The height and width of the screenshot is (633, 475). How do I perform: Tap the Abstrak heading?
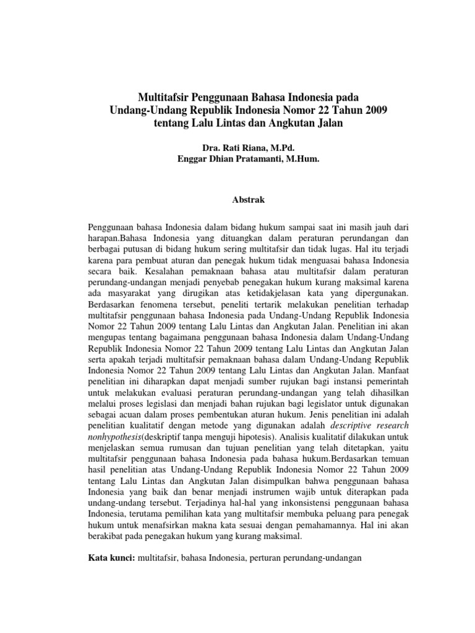tap(237, 201)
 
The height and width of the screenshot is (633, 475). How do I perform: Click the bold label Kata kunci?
tap(111, 558)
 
